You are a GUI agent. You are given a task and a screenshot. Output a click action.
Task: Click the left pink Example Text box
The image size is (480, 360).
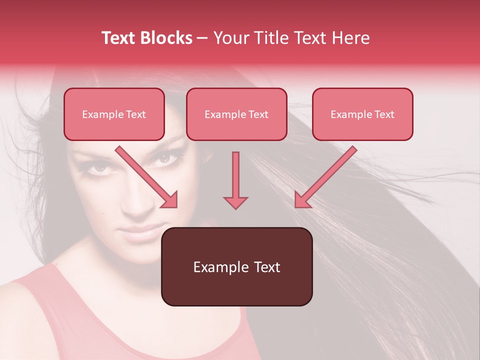pos(114,114)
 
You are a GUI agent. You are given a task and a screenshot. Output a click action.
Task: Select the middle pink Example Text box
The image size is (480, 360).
pos(236,114)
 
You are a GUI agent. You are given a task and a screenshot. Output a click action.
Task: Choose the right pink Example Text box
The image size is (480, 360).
pos(362,114)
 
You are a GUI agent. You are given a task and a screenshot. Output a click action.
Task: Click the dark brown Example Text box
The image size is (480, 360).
pos(236,267)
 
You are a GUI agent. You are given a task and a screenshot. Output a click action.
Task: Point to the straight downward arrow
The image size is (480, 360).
pos(235,180)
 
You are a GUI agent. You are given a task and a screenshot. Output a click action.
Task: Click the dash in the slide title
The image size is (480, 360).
pos(202,38)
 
